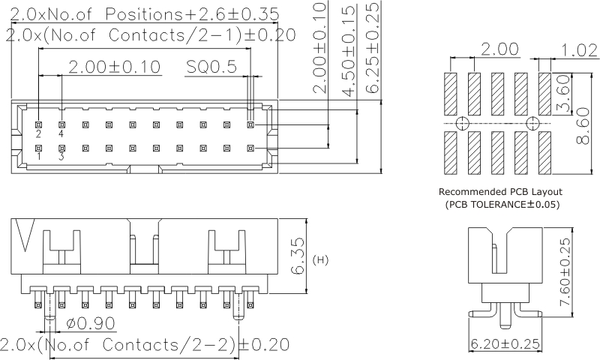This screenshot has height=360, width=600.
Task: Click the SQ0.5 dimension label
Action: [x=211, y=67]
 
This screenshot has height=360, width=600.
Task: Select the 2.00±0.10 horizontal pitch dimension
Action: [x=114, y=67]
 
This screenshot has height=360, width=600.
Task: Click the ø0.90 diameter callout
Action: [x=91, y=325]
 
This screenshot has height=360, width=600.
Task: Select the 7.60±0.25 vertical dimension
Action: [x=566, y=267]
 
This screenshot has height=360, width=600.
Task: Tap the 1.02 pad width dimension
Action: [x=578, y=50]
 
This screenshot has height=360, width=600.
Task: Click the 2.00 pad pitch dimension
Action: [x=499, y=50]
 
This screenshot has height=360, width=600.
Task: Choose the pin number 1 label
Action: [x=39, y=157]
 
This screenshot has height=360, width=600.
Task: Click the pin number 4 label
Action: [x=61, y=134]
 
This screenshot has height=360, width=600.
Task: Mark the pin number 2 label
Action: [x=39, y=134]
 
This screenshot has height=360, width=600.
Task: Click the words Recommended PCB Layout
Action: [x=499, y=192]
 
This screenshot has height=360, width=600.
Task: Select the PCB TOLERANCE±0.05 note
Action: [x=502, y=204]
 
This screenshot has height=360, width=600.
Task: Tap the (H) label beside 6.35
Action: [x=320, y=260]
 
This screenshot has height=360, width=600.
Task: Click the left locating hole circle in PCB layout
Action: [x=463, y=122]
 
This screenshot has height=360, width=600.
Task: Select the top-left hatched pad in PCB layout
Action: [x=451, y=92]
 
